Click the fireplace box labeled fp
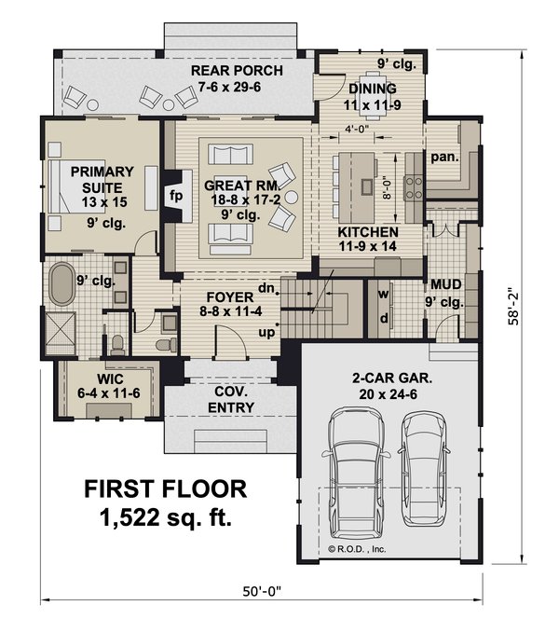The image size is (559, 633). click(174, 197)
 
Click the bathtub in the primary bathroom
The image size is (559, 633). click(63, 284)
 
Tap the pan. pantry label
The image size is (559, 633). click(443, 157)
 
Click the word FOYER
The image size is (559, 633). click(224, 298)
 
